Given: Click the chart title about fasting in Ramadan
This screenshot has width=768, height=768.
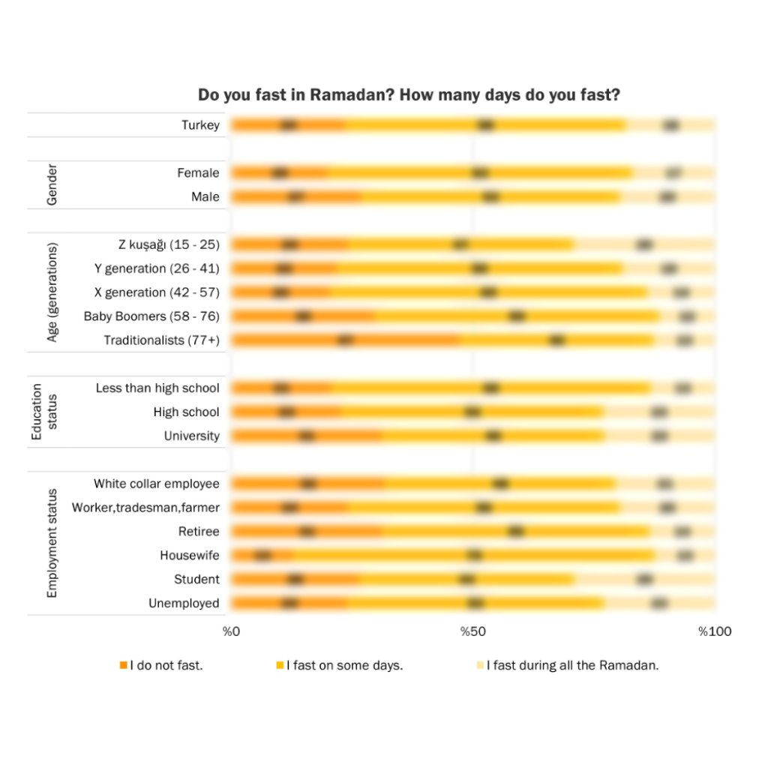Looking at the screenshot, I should pyautogui.click(x=408, y=95).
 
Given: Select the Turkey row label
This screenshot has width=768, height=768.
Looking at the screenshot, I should pyautogui.click(x=200, y=124).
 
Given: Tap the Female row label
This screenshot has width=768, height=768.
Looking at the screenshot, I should pyautogui.click(x=198, y=173).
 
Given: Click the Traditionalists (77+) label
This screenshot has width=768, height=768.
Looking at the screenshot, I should pyautogui.click(x=161, y=340).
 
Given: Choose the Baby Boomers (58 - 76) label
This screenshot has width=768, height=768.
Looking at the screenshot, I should pyautogui.click(x=151, y=316).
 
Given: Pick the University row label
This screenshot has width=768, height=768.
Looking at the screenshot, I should pyautogui.click(x=192, y=436).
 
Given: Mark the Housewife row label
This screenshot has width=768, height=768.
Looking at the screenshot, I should pyautogui.click(x=190, y=556).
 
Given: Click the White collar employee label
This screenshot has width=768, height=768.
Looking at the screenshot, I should pyautogui.click(x=157, y=484).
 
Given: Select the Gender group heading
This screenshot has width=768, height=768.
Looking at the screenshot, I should pyautogui.click(x=52, y=184).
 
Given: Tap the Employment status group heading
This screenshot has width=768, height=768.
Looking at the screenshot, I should pyautogui.click(x=52, y=543).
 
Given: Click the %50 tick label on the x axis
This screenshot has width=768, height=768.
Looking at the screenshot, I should pyautogui.click(x=470, y=631).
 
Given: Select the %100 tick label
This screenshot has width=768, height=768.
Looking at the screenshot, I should pyautogui.click(x=715, y=631).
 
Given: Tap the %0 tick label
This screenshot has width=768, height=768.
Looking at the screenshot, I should pyautogui.click(x=231, y=631).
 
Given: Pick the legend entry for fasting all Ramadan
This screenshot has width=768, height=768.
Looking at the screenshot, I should pyautogui.click(x=568, y=665).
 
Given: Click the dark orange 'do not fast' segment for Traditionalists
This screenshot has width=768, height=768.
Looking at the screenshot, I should pyautogui.click(x=345, y=340).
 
